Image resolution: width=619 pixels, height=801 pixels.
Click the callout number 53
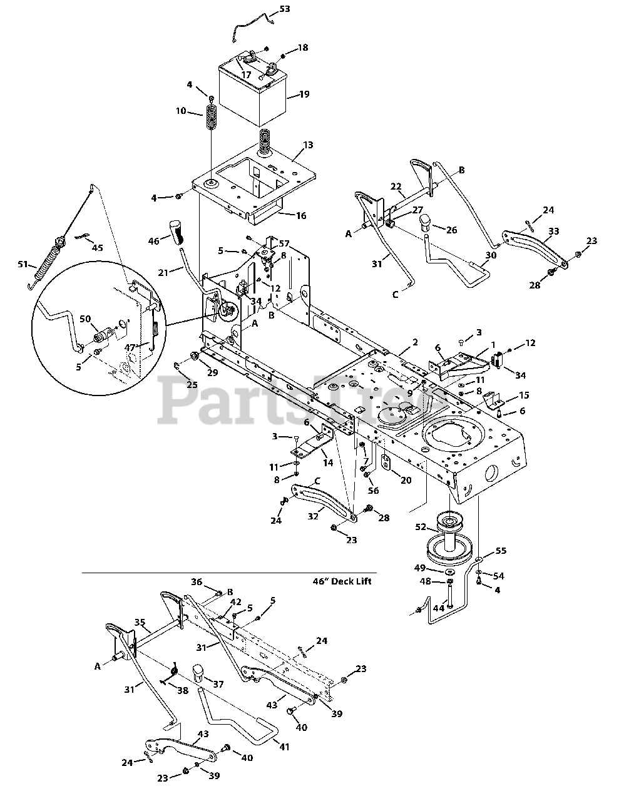pyautogui.click(x=285, y=10)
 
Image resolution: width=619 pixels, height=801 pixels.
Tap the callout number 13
pyautogui.click(x=307, y=145)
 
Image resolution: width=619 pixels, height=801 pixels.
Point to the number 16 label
pyautogui.click(x=301, y=215)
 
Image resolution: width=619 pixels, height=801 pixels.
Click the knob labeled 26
pyautogui.click(x=426, y=221)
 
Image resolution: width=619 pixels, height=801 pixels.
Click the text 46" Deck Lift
pyautogui.click(x=342, y=581)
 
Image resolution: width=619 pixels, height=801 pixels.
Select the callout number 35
pyautogui.click(x=140, y=623)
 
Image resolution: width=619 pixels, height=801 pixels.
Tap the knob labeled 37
pyautogui.click(x=199, y=673)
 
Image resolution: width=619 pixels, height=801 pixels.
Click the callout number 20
pyautogui.click(x=406, y=480)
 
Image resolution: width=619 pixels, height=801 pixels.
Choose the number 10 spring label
pyautogui.click(x=181, y=111)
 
